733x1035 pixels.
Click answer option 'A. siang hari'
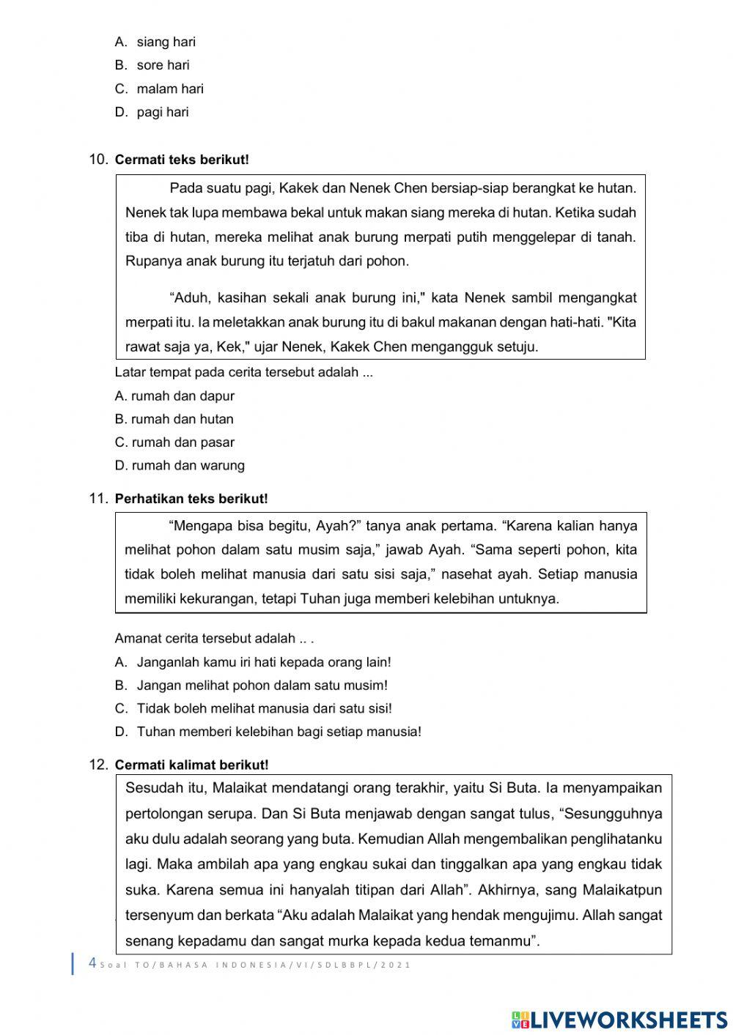[x=155, y=42]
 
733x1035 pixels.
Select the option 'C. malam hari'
[x=160, y=89]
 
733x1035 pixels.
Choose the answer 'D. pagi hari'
[x=152, y=112]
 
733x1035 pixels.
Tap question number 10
[x=98, y=159]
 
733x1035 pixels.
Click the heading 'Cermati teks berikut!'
[x=182, y=160]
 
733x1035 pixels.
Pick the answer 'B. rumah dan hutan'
[x=174, y=419]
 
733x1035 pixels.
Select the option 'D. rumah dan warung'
[x=180, y=465]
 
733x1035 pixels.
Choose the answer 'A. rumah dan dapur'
[x=174, y=396]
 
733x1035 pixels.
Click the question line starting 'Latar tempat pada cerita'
[x=244, y=372]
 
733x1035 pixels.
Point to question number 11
[x=98, y=498]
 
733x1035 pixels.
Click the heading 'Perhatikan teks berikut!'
[x=191, y=499]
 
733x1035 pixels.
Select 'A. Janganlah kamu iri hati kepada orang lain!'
[x=254, y=662]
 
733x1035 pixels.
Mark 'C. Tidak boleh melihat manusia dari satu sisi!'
[x=254, y=708]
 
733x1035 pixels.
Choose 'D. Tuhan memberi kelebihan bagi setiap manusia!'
[x=268, y=731]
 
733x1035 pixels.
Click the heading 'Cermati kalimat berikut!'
[x=191, y=765]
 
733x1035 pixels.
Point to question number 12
[x=98, y=764]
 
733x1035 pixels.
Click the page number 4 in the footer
[x=92, y=963]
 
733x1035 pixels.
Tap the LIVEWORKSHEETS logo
[x=619, y=1020]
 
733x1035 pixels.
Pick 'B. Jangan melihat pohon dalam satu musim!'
[x=251, y=686]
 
